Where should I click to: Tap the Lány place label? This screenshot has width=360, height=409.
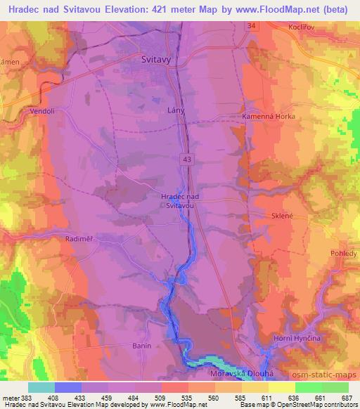click(x=176, y=110)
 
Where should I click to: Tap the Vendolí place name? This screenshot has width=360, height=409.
click(x=42, y=110)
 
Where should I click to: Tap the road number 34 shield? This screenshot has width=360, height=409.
click(x=251, y=26)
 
